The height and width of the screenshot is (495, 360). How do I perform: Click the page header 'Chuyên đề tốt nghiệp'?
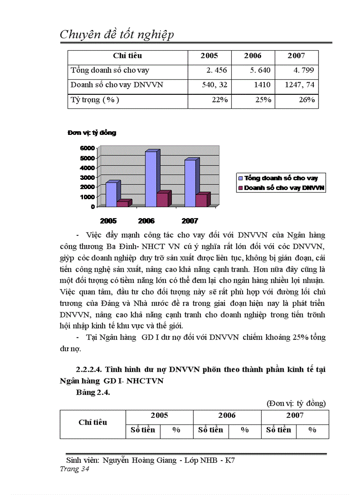point(116,34)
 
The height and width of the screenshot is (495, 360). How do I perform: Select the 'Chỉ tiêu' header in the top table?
point(127,56)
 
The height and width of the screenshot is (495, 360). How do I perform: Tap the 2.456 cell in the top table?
point(217,70)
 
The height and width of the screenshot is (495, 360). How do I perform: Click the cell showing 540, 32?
point(214,85)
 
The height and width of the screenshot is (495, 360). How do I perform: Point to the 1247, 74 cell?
point(300,85)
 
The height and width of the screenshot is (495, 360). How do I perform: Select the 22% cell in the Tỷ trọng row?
point(220,100)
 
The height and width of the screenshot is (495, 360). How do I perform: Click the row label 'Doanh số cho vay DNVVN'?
point(117,85)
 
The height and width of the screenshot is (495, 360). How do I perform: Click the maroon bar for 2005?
point(122,204)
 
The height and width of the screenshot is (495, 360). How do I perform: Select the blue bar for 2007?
point(190,182)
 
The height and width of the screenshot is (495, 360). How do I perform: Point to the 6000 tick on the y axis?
point(87,148)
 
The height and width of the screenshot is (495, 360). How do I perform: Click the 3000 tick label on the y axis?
point(87,177)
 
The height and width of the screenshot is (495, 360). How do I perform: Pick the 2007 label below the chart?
point(190,221)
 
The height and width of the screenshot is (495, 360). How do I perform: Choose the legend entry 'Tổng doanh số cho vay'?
point(281,178)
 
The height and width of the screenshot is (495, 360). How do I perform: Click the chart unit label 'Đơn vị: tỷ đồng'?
point(92,133)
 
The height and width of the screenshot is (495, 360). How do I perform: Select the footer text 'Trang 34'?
point(75,469)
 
